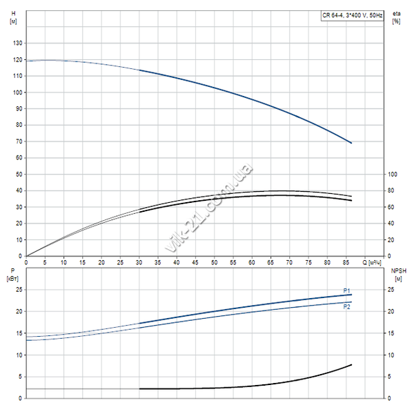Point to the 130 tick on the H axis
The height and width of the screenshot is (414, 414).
pos(18,43)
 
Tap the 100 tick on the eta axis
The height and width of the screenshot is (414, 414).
pos(392,174)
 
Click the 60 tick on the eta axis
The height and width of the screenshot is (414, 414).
pos(391,207)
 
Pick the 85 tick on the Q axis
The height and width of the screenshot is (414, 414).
pos(347,263)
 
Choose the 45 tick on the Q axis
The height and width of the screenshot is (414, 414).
pos(196,263)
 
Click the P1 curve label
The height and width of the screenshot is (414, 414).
pos(348,290)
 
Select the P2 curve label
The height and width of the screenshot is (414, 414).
pos(348,306)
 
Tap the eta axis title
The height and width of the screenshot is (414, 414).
pos(396,13)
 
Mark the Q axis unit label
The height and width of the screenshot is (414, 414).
pos(375,263)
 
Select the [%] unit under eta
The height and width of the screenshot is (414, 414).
pos(396,21)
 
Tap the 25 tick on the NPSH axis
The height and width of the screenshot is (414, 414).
pos(391,289)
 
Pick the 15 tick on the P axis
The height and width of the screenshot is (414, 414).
pos(19,333)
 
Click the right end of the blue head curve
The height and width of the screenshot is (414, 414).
pos(351,143)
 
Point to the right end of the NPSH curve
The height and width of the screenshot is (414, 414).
pos(351,364)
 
